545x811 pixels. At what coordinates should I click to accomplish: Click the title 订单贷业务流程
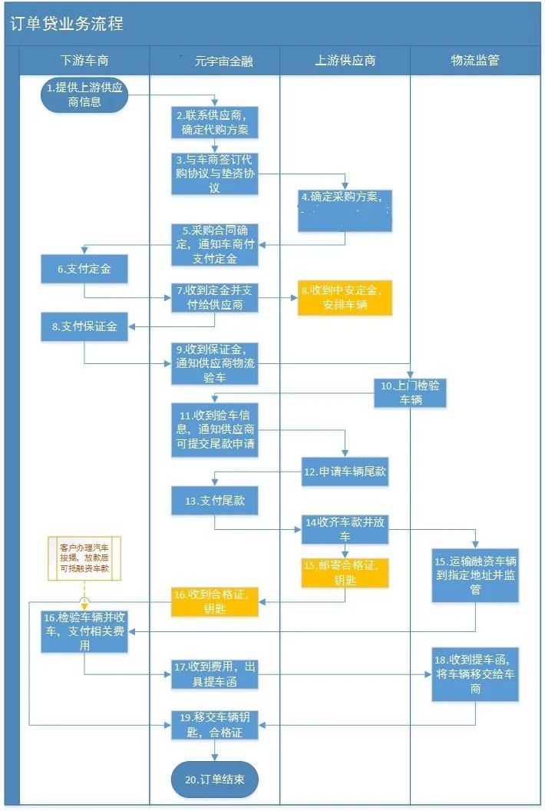(67, 24)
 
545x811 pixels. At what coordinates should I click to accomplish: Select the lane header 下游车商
(84, 60)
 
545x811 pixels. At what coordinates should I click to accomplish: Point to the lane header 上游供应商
(345, 60)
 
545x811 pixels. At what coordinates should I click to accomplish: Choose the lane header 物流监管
(475, 60)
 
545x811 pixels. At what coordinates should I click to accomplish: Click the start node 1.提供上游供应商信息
(84, 94)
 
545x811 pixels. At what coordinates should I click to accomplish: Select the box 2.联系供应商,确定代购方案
(214, 122)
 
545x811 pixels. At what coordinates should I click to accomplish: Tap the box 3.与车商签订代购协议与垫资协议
(214, 174)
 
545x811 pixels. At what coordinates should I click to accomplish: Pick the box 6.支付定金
(84, 270)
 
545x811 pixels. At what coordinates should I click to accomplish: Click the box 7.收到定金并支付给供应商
(214, 298)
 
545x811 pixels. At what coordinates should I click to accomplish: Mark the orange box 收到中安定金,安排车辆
(345, 297)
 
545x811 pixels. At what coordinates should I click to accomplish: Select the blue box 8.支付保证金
(84, 326)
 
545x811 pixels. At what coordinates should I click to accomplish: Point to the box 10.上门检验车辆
(410, 392)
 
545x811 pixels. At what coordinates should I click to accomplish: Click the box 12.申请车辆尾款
(345, 472)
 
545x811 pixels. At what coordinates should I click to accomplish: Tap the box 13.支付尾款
(214, 501)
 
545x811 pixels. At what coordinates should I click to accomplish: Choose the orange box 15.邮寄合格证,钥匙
(345, 572)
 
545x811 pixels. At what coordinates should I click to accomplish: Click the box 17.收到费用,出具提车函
(214, 674)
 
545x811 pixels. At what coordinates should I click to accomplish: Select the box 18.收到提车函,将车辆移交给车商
(475, 674)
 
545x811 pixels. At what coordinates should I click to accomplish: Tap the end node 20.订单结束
(214, 780)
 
